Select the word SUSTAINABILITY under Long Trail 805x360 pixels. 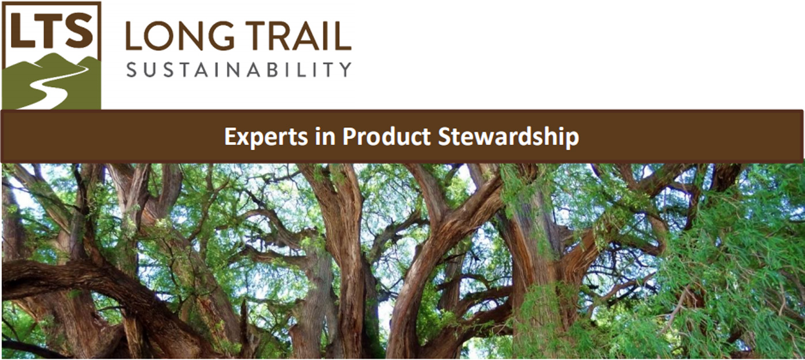click(239, 69)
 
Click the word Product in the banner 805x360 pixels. click(386, 136)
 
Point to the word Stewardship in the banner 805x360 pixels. click(508, 137)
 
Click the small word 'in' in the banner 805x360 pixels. click(325, 136)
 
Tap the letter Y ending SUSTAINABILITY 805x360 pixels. click(346, 70)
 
